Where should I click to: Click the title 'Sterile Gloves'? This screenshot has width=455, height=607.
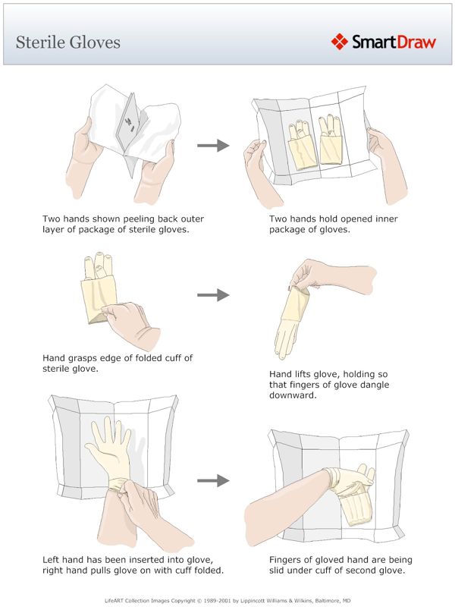68,41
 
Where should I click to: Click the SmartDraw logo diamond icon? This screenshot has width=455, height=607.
339,41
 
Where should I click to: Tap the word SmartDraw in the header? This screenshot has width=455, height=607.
394,42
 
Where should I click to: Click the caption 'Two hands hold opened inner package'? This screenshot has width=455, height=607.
334,225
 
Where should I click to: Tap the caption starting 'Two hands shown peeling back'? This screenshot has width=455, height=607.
123,225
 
